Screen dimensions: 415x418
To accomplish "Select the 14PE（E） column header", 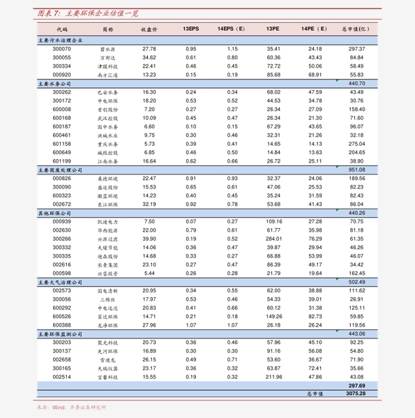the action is (314, 30).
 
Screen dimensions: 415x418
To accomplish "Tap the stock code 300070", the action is (61, 49).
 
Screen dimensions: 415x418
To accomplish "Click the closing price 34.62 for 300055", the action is (149, 57).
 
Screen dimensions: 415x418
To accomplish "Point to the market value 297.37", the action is (356, 49).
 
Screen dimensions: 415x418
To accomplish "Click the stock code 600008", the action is (61, 109).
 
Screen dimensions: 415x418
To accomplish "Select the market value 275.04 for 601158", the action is (356, 143).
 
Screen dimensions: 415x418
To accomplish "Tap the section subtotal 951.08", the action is (356, 170).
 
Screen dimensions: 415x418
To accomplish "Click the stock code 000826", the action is (61, 178).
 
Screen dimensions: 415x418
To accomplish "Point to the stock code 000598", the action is (61, 273).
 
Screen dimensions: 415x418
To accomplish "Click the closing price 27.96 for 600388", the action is (149, 324).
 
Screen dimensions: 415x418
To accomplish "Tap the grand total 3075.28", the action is (356, 394).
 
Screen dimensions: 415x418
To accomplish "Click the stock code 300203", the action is (61, 342).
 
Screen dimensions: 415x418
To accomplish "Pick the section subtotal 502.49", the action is (356, 281).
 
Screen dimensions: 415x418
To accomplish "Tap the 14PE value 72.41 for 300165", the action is (315, 368).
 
